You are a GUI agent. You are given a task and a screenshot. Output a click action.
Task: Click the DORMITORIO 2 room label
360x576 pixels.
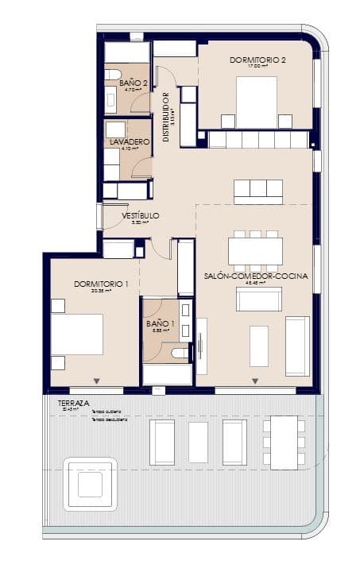point(257,60)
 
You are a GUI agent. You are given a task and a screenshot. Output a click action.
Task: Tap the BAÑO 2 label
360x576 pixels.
point(134,83)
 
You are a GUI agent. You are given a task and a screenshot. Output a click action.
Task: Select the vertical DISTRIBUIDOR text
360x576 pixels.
point(166,117)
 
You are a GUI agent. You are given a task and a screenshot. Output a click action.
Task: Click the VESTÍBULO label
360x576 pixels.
point(141,215)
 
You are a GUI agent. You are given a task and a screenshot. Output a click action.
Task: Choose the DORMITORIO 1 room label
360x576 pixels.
point(100,284)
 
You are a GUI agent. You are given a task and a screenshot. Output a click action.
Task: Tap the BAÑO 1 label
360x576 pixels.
point(161,323)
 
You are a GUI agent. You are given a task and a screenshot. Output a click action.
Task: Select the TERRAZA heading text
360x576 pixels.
point(74,403)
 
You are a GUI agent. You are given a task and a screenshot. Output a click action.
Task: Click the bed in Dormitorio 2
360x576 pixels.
point(256,101)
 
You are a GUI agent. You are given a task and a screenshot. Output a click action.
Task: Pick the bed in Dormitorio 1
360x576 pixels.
point(77,334)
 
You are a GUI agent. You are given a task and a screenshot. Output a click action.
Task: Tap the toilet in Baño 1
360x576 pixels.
point(180,352)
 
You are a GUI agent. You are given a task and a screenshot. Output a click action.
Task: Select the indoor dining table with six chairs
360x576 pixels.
point(255,251)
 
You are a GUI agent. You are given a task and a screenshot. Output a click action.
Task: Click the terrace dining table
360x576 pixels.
point(284,441)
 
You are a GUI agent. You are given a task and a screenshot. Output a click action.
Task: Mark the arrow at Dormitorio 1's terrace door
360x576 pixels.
point(97,381)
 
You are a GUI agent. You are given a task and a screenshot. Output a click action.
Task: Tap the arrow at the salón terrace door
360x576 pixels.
point(255,381)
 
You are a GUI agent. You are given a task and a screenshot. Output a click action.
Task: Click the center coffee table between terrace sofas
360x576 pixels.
point(198,443)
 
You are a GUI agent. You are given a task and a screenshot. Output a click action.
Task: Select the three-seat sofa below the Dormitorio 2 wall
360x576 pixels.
point(257,191)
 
